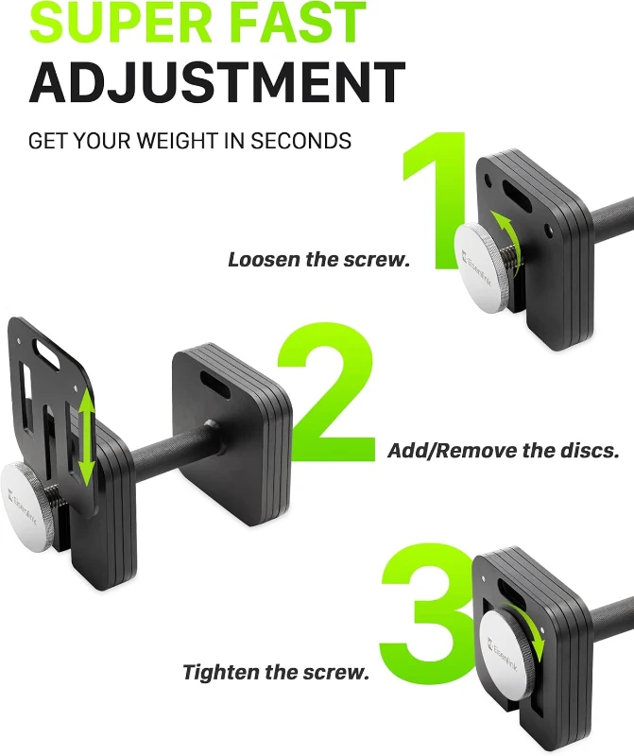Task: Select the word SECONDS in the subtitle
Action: coord(301,141)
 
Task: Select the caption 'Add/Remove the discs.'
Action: coord(504,450)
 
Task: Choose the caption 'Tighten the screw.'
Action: coord(276,673)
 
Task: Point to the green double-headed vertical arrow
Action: coord(87,440)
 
